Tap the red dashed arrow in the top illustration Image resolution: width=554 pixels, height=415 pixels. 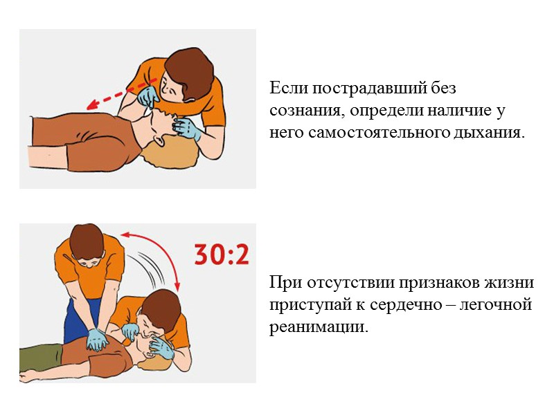pos(118,97)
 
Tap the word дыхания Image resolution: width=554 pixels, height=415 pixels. pos(493,132)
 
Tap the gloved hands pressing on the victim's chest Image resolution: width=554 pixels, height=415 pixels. pos(97,340)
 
